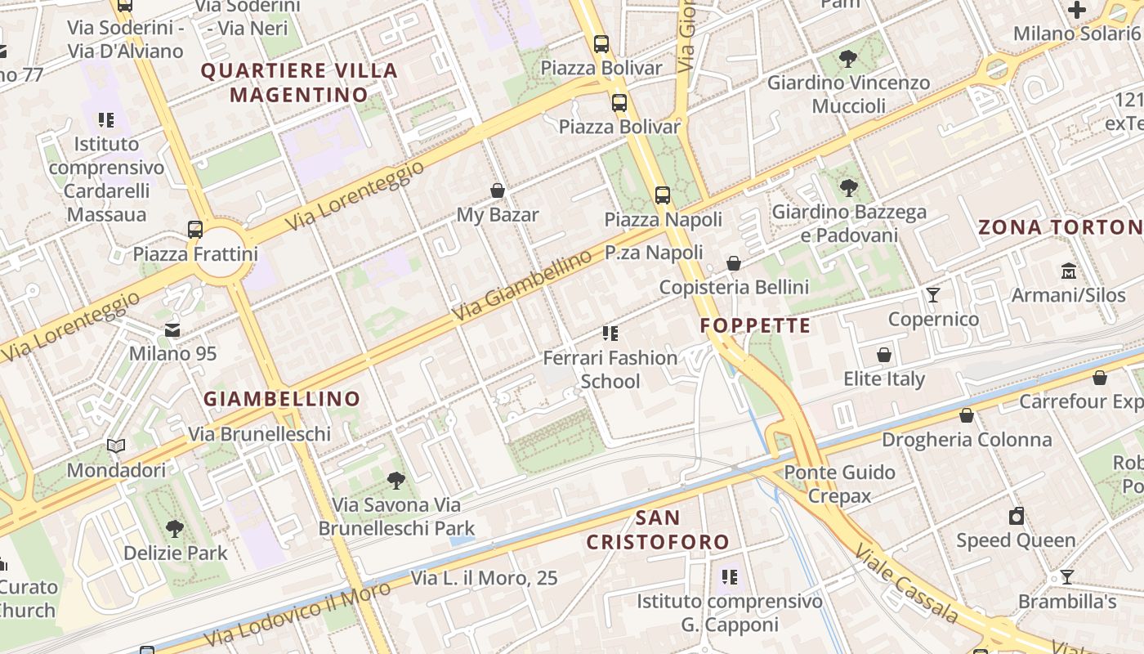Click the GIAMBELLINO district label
282,399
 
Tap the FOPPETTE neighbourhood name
756,326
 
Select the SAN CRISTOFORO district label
658,530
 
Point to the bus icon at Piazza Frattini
195,230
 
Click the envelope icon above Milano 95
172,330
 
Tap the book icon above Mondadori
116,446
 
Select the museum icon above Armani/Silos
1068,271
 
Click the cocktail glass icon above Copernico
933,295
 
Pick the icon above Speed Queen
1016,516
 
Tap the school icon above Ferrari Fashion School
610,334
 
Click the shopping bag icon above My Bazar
497,191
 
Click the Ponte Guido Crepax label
839,484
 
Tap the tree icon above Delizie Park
175,529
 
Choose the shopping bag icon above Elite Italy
883,355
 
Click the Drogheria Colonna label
967,440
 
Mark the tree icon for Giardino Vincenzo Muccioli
848,59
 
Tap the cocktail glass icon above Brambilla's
1066,577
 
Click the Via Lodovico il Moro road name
298,615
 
